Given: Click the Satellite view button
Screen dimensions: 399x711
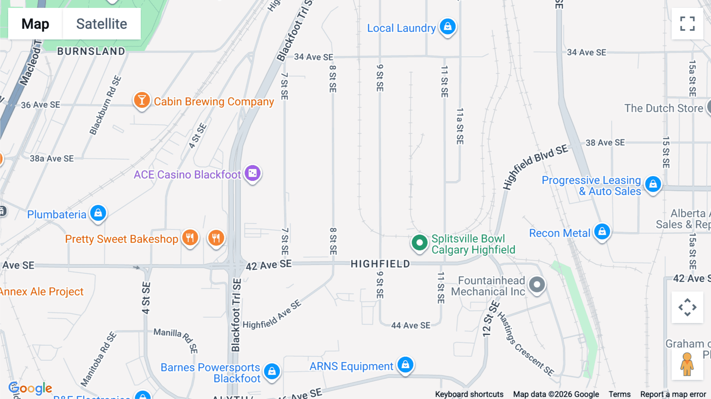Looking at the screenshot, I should click(102, 24).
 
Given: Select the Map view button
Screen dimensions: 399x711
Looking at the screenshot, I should click(35, 24).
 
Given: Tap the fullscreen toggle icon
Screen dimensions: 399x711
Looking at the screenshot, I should click(687, 24).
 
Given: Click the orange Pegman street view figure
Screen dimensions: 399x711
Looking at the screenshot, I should click(687, 364).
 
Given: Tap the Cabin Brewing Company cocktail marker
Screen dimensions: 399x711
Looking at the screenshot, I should click(141, 100).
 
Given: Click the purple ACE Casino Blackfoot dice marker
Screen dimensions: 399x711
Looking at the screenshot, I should click(252, 173).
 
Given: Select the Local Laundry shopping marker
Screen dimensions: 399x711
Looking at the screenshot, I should click(448, 26).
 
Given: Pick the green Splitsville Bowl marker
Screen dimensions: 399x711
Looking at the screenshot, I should click(419, 242).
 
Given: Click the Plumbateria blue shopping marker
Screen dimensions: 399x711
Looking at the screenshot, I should click(98, 213).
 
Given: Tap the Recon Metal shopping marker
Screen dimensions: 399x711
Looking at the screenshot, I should click(602, 231).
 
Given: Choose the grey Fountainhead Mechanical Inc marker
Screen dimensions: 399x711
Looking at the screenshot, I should click(537, 284).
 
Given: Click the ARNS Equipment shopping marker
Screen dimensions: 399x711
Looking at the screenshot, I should click(405, 365).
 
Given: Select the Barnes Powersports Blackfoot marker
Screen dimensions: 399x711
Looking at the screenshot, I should click(272, 371).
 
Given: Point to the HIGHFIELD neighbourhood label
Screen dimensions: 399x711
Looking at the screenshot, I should click(380, 264).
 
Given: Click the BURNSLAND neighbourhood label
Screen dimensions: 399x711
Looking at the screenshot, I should click(91, 51).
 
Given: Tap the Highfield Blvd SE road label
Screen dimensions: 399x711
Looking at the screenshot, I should click(535, 167).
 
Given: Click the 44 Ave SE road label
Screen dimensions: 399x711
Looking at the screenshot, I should click(411, 326).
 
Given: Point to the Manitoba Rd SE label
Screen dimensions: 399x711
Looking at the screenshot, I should click(99, 359).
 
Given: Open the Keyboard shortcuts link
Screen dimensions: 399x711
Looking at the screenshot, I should click(469, 394).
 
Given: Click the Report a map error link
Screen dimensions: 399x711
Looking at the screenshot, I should click(673, 394).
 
